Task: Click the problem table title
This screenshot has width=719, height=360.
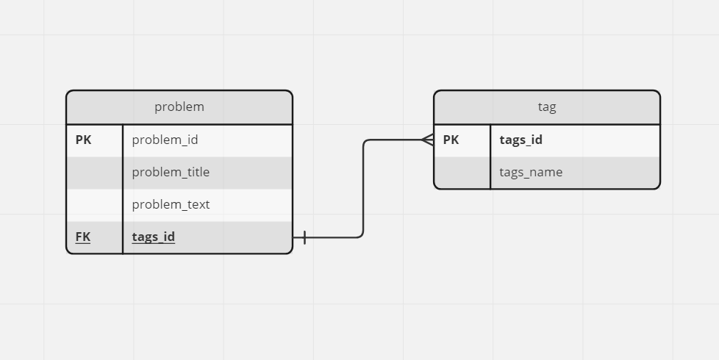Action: (x=179, y=107)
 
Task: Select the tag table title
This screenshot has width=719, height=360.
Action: (x=547, y=107)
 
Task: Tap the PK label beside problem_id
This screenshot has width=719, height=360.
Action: (x=84, y=140)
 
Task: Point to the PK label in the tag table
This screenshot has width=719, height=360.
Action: (x=451, y=140)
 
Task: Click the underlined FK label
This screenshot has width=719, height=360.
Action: (x=83, y=237)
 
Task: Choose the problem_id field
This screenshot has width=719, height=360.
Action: (x=165, y=140)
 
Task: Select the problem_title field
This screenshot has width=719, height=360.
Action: (x=171, y=172)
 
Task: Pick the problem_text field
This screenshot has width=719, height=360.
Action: (x=171, y=204)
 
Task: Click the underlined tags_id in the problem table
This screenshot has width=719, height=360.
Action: (x=154, y=237)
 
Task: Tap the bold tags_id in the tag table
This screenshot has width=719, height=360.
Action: (x=521, y=140)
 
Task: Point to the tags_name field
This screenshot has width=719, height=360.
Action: (x=531, y=172)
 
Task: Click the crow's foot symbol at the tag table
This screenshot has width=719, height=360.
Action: (x=428, y=140)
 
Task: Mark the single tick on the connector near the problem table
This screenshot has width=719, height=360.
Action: (x=304, y=237)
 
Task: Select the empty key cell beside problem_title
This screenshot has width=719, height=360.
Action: (x=95, y=173)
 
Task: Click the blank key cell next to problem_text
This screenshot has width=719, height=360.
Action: (x=95, y=205)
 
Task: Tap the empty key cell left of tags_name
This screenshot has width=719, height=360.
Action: (x=462, y=173)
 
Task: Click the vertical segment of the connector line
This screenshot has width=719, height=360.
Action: (x=363, y=189)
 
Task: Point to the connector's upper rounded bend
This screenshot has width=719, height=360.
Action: (x=365, y=142)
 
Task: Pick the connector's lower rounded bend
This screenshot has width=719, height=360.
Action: (x=361, y=235)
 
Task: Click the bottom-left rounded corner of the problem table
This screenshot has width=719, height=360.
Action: (x=69, y=251)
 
